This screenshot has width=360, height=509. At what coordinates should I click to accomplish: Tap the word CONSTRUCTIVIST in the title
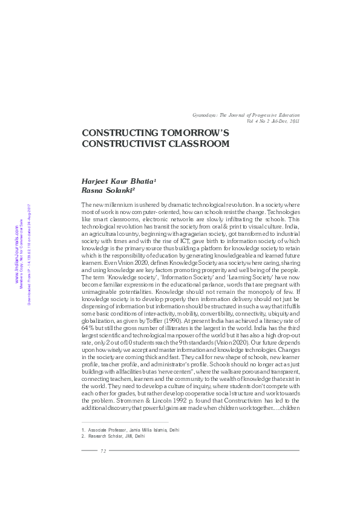coord(118,144)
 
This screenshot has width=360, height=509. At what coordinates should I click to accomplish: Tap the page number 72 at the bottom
coord(103,451)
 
